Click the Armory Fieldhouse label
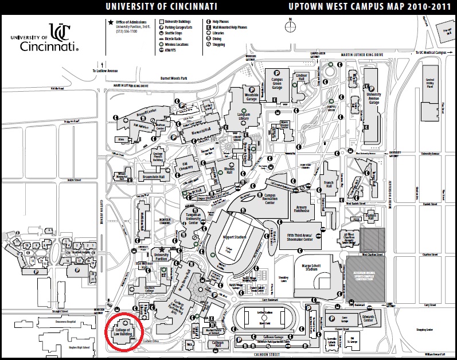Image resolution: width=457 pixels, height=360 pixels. click(302, 210)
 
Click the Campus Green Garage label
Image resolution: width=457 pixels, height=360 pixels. click(277, 81)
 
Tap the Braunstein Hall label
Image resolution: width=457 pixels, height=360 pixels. click(153, 177)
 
